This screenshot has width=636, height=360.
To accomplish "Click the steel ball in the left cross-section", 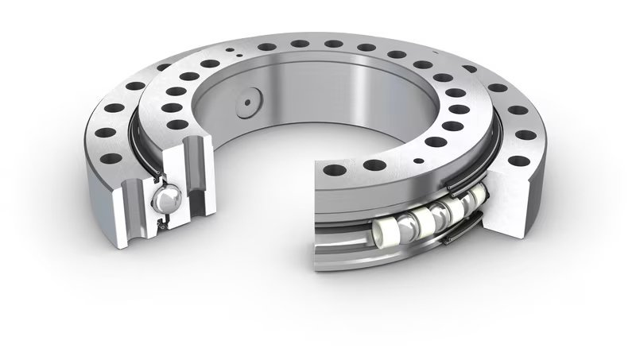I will pyautogui.click(x=169, y=199).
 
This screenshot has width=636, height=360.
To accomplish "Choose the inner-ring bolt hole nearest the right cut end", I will pyautogui.click(x=334, y=169).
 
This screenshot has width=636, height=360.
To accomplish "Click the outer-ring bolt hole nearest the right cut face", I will pyautogui.click(x=518, y=161).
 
